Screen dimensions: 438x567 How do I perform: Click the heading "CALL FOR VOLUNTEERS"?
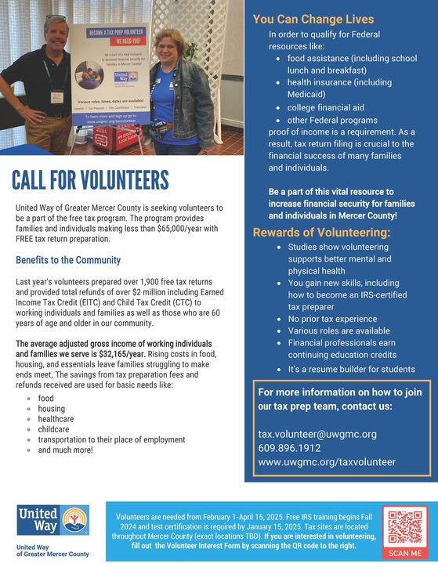[x=91, y=179]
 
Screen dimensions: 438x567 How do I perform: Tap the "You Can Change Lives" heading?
[x=313, y=19]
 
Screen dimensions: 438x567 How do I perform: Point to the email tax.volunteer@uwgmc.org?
[x=317, y=434]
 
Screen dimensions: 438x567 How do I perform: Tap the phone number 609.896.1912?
[x=289, y=448]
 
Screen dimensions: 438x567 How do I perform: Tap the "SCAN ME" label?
[x=404, y=553]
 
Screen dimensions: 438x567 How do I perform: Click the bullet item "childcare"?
[x=55, y=430]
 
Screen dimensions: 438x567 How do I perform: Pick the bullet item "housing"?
[x=52, y=409]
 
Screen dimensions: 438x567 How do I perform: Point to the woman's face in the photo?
[x=172, y=46]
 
